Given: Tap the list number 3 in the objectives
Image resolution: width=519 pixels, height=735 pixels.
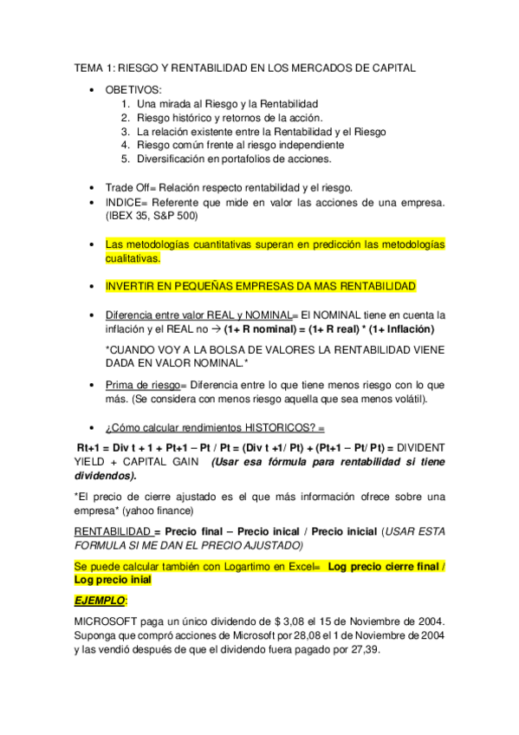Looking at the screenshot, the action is click(x=126, y=132).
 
